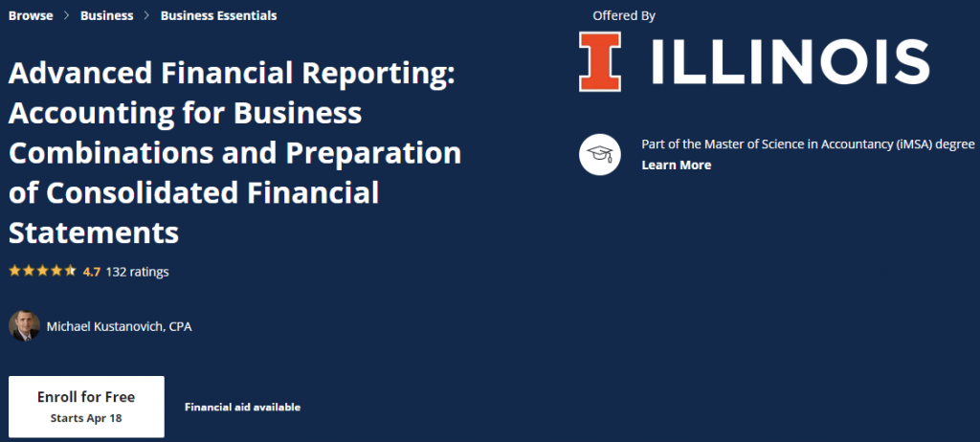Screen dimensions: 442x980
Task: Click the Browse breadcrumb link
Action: point(31,15)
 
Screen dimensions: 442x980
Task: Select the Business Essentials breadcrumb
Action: point(218,15)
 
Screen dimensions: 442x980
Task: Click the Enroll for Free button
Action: point(86,397)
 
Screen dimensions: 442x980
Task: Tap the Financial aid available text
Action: point(242,408)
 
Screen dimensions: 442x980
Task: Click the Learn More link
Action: point(676,165)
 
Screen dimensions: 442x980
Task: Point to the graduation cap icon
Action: point(600,154)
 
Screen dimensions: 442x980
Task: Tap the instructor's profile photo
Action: point(24,326)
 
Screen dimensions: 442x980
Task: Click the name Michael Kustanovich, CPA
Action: point(120,327)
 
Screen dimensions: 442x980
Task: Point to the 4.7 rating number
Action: point(92,272)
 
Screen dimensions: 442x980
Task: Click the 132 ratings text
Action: point(137,272)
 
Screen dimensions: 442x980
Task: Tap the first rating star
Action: point(14,271)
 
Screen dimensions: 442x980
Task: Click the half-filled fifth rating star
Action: point(70,271)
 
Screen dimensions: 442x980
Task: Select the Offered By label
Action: point(624,15)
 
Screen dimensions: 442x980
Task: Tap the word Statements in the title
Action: point(94,232)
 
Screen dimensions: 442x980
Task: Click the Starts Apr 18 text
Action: point(86,418)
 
